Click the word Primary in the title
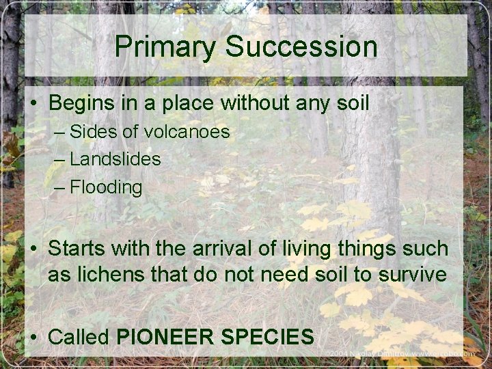coord(165,47)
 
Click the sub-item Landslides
coord(115,159)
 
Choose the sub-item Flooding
coord(107,187)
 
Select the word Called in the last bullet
coord(80,336)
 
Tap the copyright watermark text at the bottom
coord(399,354)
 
